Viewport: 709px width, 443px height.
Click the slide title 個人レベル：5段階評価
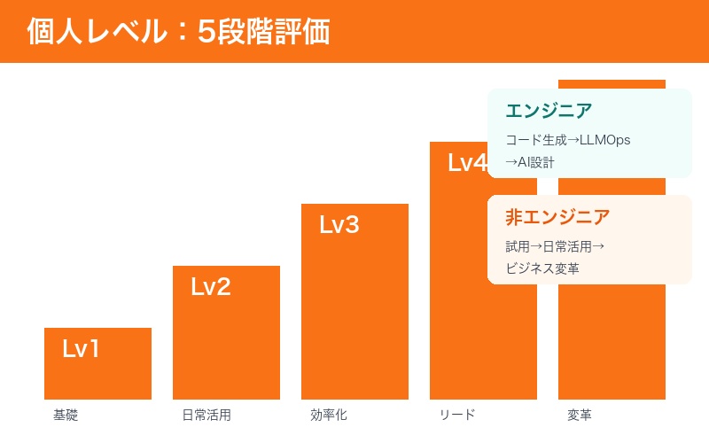pos(178,32)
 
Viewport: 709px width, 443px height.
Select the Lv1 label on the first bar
pos(81,349)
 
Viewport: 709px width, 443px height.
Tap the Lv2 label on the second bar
pos(210,287)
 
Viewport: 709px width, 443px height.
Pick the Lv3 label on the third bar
pos(339,225)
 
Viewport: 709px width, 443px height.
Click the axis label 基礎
pos(66,415)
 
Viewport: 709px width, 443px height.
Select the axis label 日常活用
pos(206,415)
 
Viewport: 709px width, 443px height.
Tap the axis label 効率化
pos(328,415)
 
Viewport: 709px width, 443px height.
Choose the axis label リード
pos(457,415)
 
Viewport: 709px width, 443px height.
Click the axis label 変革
pos(580,415)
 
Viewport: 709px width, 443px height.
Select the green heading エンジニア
pos(549,111)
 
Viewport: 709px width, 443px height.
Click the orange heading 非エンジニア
pos(557,217)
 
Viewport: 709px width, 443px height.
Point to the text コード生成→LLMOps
pos(567,140)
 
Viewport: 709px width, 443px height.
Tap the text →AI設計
pos(530,162)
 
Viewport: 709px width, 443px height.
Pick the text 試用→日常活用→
pos(555,246)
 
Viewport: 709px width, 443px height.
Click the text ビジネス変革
pos(542,268)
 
